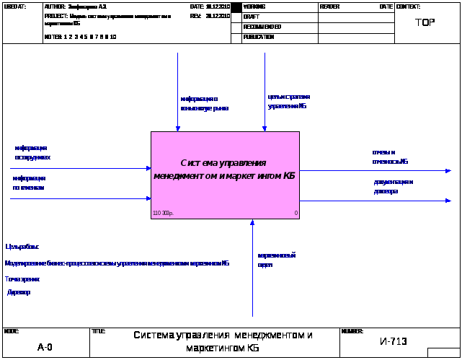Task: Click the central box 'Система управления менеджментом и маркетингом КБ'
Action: [225, 170]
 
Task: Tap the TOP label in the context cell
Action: [425, 22]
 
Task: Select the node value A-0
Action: [45, 347]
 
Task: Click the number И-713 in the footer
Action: [394, 341]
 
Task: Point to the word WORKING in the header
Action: [254, 6]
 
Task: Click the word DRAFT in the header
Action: [252, 16]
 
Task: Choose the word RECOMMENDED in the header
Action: [262, 27]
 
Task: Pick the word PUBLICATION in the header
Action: [259, 37]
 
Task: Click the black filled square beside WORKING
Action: [236, 7]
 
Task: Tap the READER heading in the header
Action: [329, 6]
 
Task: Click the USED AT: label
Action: [14, 6]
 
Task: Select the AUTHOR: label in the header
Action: [55, 6]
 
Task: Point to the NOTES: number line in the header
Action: [80, 37]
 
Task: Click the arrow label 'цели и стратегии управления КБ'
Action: [288, 101]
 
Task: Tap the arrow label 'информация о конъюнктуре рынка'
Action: [204, 103]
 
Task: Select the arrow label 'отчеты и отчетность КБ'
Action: [390, 157]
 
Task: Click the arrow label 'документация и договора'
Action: [393, 186]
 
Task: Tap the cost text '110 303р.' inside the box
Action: [163, 213]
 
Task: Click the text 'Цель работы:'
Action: [22, 247]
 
